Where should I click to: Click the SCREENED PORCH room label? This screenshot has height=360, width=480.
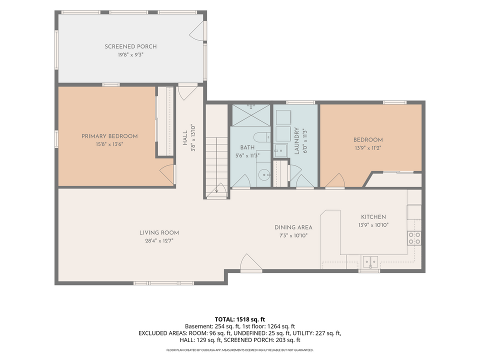coord(130,46)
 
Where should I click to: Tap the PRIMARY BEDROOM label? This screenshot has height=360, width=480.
coord(109,136)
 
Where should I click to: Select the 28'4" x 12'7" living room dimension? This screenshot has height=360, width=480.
coord(159,241)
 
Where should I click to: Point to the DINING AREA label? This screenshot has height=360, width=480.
coord(293,227)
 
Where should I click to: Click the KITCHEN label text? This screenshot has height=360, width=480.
coord(373,216)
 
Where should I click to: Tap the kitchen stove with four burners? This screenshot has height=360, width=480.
coord(414,238)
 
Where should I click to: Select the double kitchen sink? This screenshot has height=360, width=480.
coord(370,261)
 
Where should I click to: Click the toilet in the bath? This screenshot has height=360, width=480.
coord(262,137)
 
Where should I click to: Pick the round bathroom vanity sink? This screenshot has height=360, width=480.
coord(263,175)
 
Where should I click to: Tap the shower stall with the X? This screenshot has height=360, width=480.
coord(251,115)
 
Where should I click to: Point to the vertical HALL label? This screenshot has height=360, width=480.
coord(185,138)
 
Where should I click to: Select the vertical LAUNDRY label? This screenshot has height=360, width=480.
coord(296,141)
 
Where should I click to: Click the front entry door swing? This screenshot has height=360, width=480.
coord(251,262)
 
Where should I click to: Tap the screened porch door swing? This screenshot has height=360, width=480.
coord(197,31)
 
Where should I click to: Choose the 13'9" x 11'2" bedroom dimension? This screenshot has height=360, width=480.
coord(368,148)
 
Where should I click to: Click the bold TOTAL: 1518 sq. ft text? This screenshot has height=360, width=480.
coord(239,319)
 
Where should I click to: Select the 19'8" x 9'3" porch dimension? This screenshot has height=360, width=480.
coord(130,55)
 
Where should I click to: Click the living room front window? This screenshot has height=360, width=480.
coord(164,283)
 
